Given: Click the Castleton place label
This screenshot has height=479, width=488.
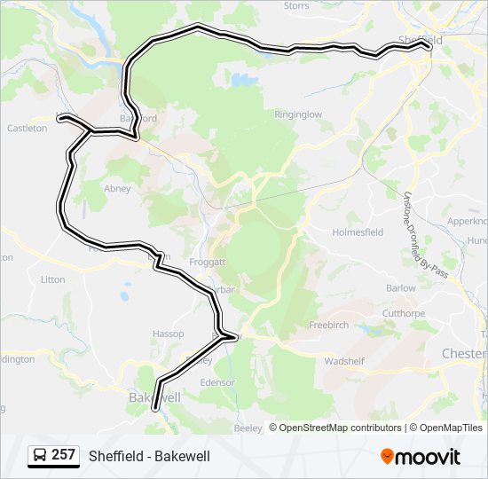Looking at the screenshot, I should click(x=27, y=129).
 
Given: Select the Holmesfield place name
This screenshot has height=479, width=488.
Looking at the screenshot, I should click(x=358, y=232).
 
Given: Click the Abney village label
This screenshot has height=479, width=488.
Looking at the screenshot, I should click(x=117, y=189).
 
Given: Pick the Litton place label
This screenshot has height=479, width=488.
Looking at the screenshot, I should click(x=53, y=279).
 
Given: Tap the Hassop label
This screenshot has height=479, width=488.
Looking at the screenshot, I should click(x=168, y=334).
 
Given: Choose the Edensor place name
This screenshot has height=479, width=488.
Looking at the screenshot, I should click(x=217, y=382).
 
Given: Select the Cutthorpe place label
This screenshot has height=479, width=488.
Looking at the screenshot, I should click(x=404, y=313).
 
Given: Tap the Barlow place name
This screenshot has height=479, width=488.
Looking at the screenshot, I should click(x=401, y=288).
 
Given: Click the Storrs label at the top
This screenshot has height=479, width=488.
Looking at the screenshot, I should click(x=296, y=5).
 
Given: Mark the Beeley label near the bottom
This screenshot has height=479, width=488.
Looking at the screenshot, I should click(x=248, y=428).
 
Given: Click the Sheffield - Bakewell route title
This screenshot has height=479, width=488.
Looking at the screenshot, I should click(x=149, y=456).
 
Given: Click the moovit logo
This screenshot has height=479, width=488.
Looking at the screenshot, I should click(x=421, y=457).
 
